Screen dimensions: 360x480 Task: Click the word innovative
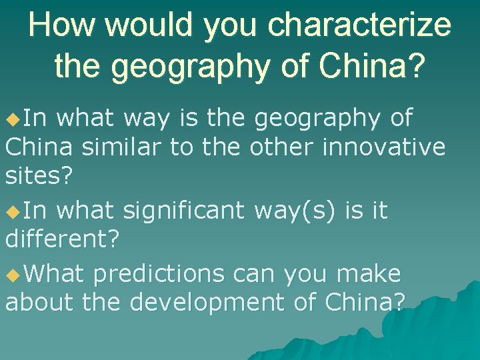pos(383,147)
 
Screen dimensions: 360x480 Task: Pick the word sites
pos(39,176)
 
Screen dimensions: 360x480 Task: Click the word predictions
pos(175,273)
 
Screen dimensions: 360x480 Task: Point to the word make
pos(369,273)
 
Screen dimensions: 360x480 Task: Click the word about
pos(40,302)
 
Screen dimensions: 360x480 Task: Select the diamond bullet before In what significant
pos(12,212)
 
